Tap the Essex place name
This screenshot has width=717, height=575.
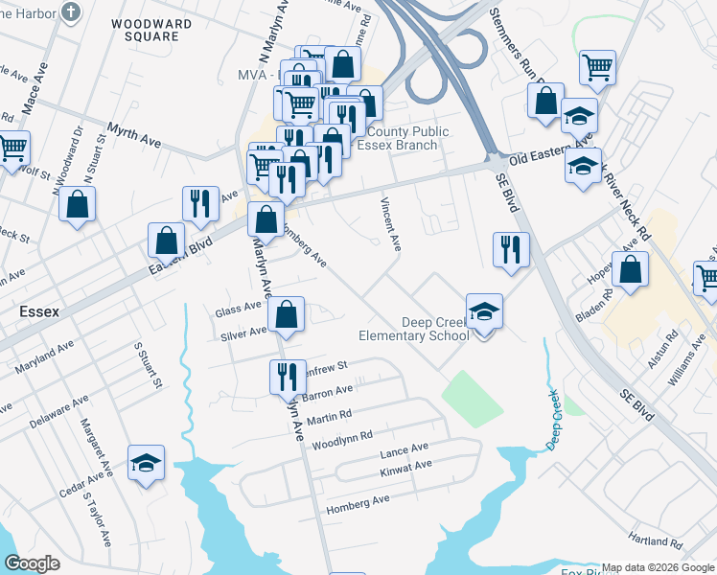coord(39,311)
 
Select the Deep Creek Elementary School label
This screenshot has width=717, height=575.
coord(414,329)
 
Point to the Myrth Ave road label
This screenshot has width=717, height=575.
coord(133,133)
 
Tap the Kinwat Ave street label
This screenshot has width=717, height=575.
coord(405,467)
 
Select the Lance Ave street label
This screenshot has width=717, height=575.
coord(404,449)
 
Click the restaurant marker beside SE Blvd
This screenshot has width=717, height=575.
coord(511,250)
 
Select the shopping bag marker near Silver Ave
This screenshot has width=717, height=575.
coord(286,313)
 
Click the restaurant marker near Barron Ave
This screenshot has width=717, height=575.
coord(287,378)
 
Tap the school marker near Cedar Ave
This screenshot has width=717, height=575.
coord(146,464)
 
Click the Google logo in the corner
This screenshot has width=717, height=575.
coord(34,563)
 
